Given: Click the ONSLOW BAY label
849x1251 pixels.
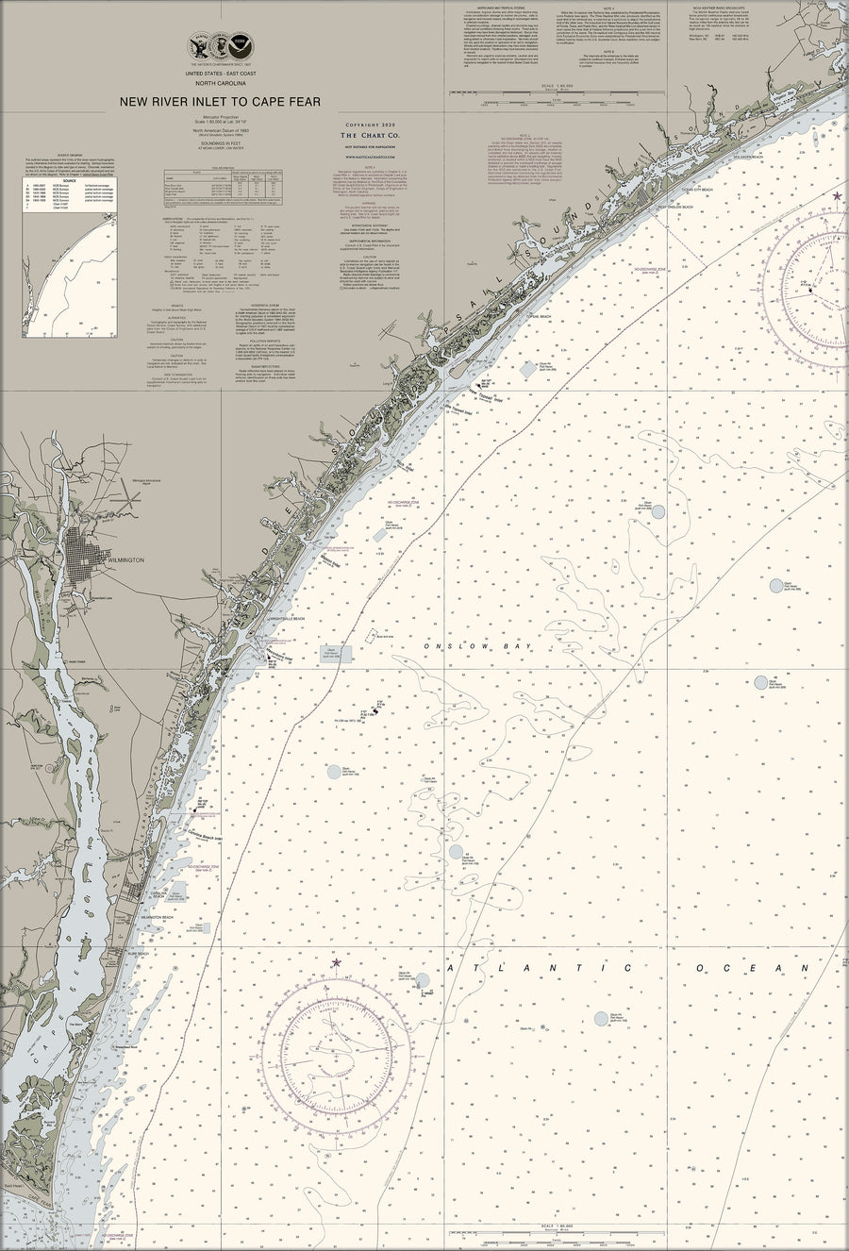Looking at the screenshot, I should pos(466,645).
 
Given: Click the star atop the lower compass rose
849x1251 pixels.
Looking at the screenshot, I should pos(333,961).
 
